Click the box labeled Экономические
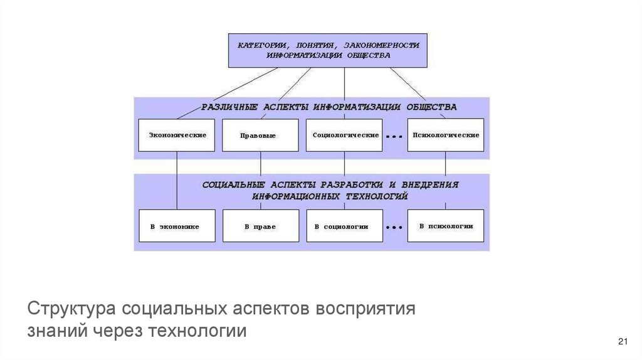(x=177, y=135)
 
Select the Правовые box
(x=260, y=135)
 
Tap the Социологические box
(x=344, y=135)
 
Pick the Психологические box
(x=446, y=135)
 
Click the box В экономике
(x=177, y=226)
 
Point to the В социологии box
(x=344, y=226)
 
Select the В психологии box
(x=446, y=226)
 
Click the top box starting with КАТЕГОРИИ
(x=328, y=50)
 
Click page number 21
(x=623, y=341)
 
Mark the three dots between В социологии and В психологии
(x=394, y=227)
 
